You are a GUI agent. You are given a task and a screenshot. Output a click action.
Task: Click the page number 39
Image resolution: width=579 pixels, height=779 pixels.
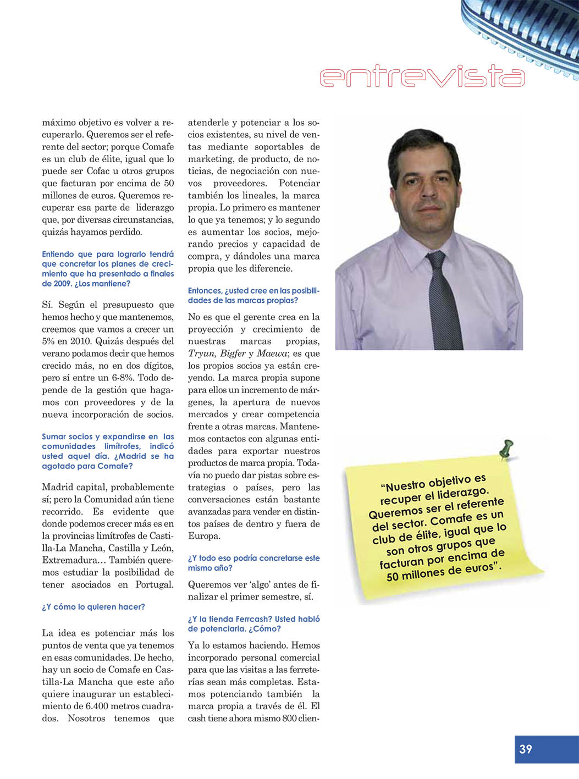[526, 749]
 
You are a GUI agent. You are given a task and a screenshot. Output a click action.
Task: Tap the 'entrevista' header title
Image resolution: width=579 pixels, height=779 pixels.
[422, 77]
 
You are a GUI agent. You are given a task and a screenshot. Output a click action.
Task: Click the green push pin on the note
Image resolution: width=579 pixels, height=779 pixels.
[507, 447]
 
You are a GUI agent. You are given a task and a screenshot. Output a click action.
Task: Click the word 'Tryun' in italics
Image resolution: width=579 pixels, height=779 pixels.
[201, 353]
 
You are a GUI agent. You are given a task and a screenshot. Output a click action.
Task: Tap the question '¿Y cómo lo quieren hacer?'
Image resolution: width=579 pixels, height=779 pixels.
[93, 607]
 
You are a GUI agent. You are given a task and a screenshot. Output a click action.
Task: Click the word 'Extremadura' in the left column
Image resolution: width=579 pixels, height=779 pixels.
[70, 560]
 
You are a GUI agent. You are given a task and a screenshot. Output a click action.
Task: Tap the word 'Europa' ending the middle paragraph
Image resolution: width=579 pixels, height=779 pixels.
[204, 536]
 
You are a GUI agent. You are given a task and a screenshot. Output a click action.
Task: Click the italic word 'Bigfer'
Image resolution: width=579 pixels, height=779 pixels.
[233, 353]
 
